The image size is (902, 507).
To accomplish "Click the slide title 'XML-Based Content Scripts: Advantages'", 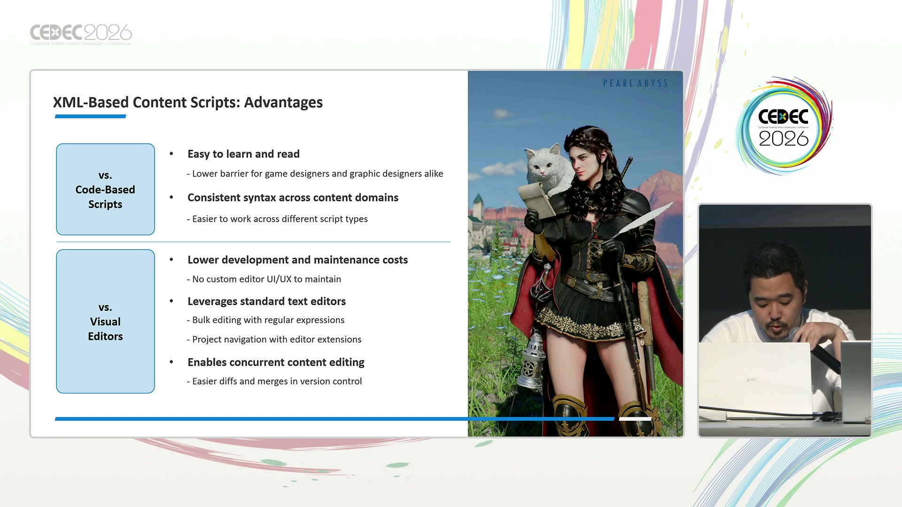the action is pos(188,102).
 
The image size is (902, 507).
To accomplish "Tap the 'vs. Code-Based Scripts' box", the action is pos(105,189).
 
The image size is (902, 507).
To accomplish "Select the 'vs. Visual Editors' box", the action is pos(105,321).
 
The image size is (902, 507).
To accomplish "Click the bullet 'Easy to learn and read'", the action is pos(243,154).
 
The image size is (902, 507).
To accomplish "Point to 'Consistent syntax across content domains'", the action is pos(293,198).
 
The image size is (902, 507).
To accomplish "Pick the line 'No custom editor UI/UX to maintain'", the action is pos(266,279).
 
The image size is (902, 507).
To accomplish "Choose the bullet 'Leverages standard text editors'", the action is pos(266,301).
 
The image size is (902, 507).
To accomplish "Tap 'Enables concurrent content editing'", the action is pos(276,362).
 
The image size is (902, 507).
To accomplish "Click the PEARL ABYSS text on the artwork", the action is pos(635,83).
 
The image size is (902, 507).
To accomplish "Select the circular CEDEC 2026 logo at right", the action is pos(784,126).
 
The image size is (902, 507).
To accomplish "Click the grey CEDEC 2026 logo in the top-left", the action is pos(81,34).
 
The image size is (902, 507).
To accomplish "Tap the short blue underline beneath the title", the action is pos(90,116).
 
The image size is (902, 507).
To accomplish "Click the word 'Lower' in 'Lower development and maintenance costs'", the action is pos(203,260).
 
